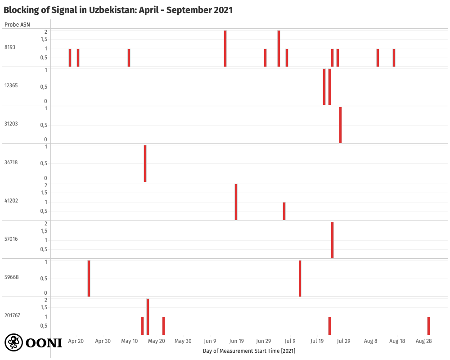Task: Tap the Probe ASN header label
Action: [x=18, y=24]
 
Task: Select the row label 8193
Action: [x=10, y=47]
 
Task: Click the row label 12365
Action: [x=11, y=85]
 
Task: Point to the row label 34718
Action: [x=11, y=162]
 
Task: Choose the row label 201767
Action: [x=12, y=315]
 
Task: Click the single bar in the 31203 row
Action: [x=340, y=125]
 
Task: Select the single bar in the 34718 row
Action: [x=145, y=163]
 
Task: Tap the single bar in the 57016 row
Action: [x=332, y=240]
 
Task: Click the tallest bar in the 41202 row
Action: [x=236, y=202]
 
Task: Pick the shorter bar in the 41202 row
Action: [x=284, y=211]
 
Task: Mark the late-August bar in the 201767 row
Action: [x=428, y=326]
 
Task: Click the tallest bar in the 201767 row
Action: [x=148, y=317]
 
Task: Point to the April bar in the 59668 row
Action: [x=89, y=279]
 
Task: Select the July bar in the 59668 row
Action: [x=300, y=279]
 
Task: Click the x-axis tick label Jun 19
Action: [x=236, y=341]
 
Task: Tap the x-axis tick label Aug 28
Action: [x=423, y=341]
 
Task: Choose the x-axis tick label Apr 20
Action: [x=76, y=341]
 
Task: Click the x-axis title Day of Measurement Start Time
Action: [x=249, y=351]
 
